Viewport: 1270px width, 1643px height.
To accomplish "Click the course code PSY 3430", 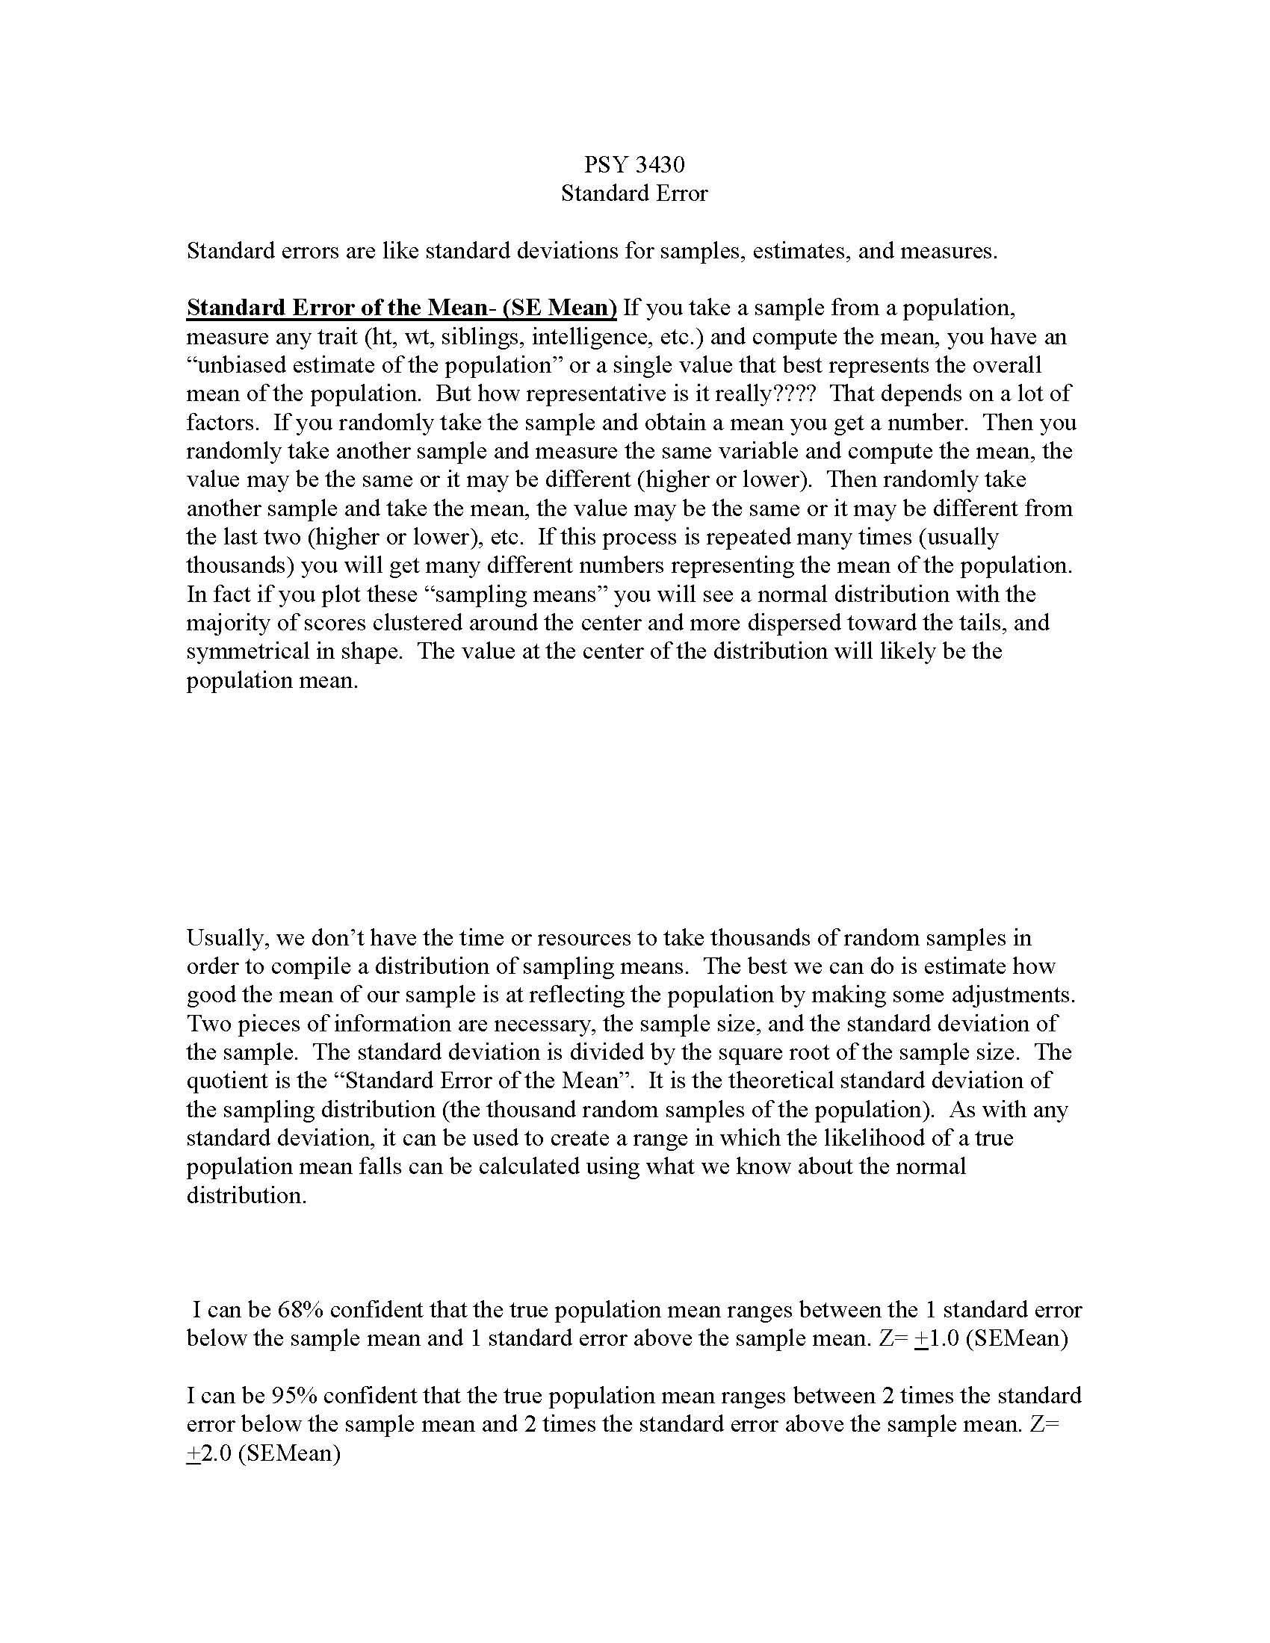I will click(634, 165).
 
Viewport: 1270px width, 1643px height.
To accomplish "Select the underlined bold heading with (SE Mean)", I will click(402, 308).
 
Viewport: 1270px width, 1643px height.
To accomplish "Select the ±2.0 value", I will click(209, 1453).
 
